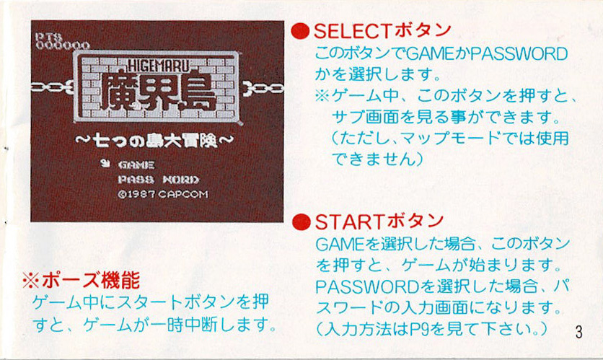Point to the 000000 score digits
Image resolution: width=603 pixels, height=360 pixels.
(62, 45)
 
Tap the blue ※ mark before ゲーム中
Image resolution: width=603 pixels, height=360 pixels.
(322, 95)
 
